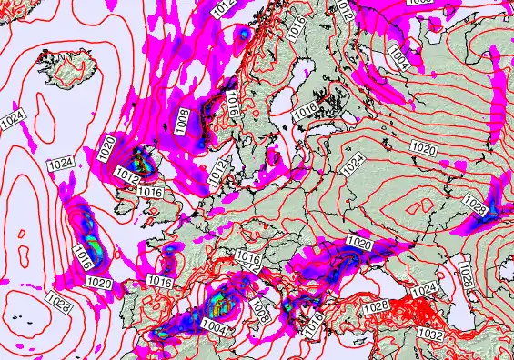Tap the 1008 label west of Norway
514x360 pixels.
point(182,115)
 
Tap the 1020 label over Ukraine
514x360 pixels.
point(360,244)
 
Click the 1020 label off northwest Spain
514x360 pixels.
point(99,285)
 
